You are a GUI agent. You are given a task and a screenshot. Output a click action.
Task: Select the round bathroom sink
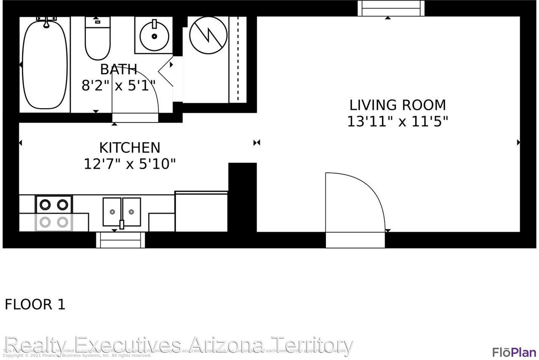[x=154, y=36]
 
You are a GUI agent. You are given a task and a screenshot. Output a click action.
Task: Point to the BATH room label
[x=118, y=69]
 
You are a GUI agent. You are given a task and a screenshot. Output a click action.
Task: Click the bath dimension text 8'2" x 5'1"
[x=118, y=86]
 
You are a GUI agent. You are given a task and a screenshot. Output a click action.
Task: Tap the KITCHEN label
[x=130, y=148]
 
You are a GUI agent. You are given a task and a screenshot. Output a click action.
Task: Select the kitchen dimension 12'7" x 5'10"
[x=130, y=163]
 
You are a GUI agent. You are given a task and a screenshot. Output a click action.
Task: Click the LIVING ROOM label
[x=398, y=105]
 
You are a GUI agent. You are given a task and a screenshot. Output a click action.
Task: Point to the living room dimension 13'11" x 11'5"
[x=398, y=122]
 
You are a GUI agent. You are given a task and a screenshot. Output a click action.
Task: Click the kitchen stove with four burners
[x=53, y=213]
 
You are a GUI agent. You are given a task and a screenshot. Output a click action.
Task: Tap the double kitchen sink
[x=122, y=212]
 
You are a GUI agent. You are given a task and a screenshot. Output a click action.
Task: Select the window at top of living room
[x=391, y=8]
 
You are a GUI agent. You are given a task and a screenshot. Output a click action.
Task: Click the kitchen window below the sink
[x=120, y=240]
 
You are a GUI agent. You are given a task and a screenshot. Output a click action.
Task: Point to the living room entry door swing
[x=355, y=202]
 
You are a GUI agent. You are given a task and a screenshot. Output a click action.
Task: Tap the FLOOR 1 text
[x=35, y=304]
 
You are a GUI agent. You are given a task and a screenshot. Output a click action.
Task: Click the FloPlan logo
[x=514, y=352]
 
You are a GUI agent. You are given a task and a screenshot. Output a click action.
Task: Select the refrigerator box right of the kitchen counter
[x=201, y=211]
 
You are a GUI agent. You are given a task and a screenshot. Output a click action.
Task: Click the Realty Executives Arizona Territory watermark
[x=179, y=345]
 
